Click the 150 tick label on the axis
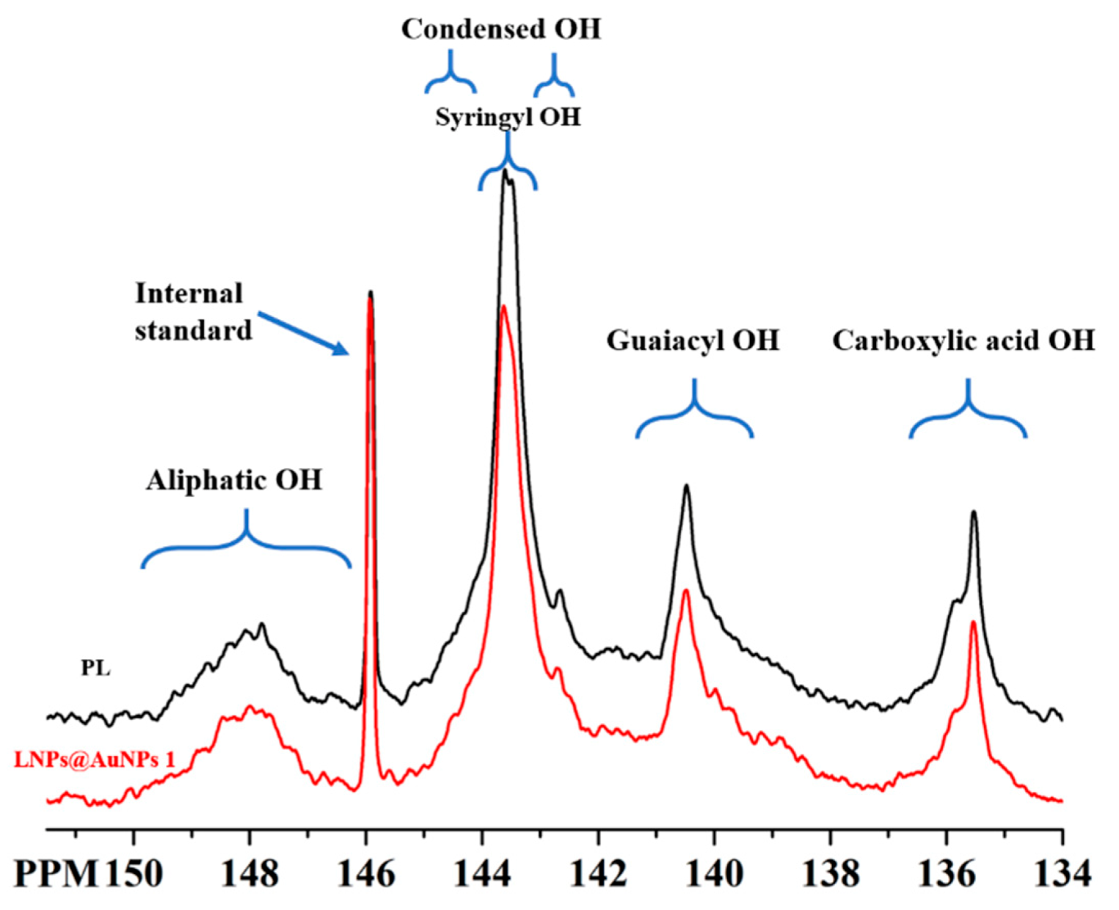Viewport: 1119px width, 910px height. (x=134, y=874)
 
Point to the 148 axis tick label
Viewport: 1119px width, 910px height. (x=250, y=874)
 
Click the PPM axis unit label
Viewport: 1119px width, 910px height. (x=57, y=874)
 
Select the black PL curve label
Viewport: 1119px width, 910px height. (x=95, y=669)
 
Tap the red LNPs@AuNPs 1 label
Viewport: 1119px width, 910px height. (x=95, y=760)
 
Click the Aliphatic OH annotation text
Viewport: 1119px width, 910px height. (x=234, y=481)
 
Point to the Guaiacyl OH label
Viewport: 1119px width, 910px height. (x=693, y=341)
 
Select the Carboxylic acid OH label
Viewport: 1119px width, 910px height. (x=963, y=341)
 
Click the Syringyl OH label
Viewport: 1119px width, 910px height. (x=508, y=117)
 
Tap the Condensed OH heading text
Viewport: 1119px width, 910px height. (x=501, y=29)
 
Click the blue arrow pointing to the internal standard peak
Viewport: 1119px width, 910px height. (x=303, y=334)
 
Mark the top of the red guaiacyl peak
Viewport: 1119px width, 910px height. (x=685, y=590)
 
